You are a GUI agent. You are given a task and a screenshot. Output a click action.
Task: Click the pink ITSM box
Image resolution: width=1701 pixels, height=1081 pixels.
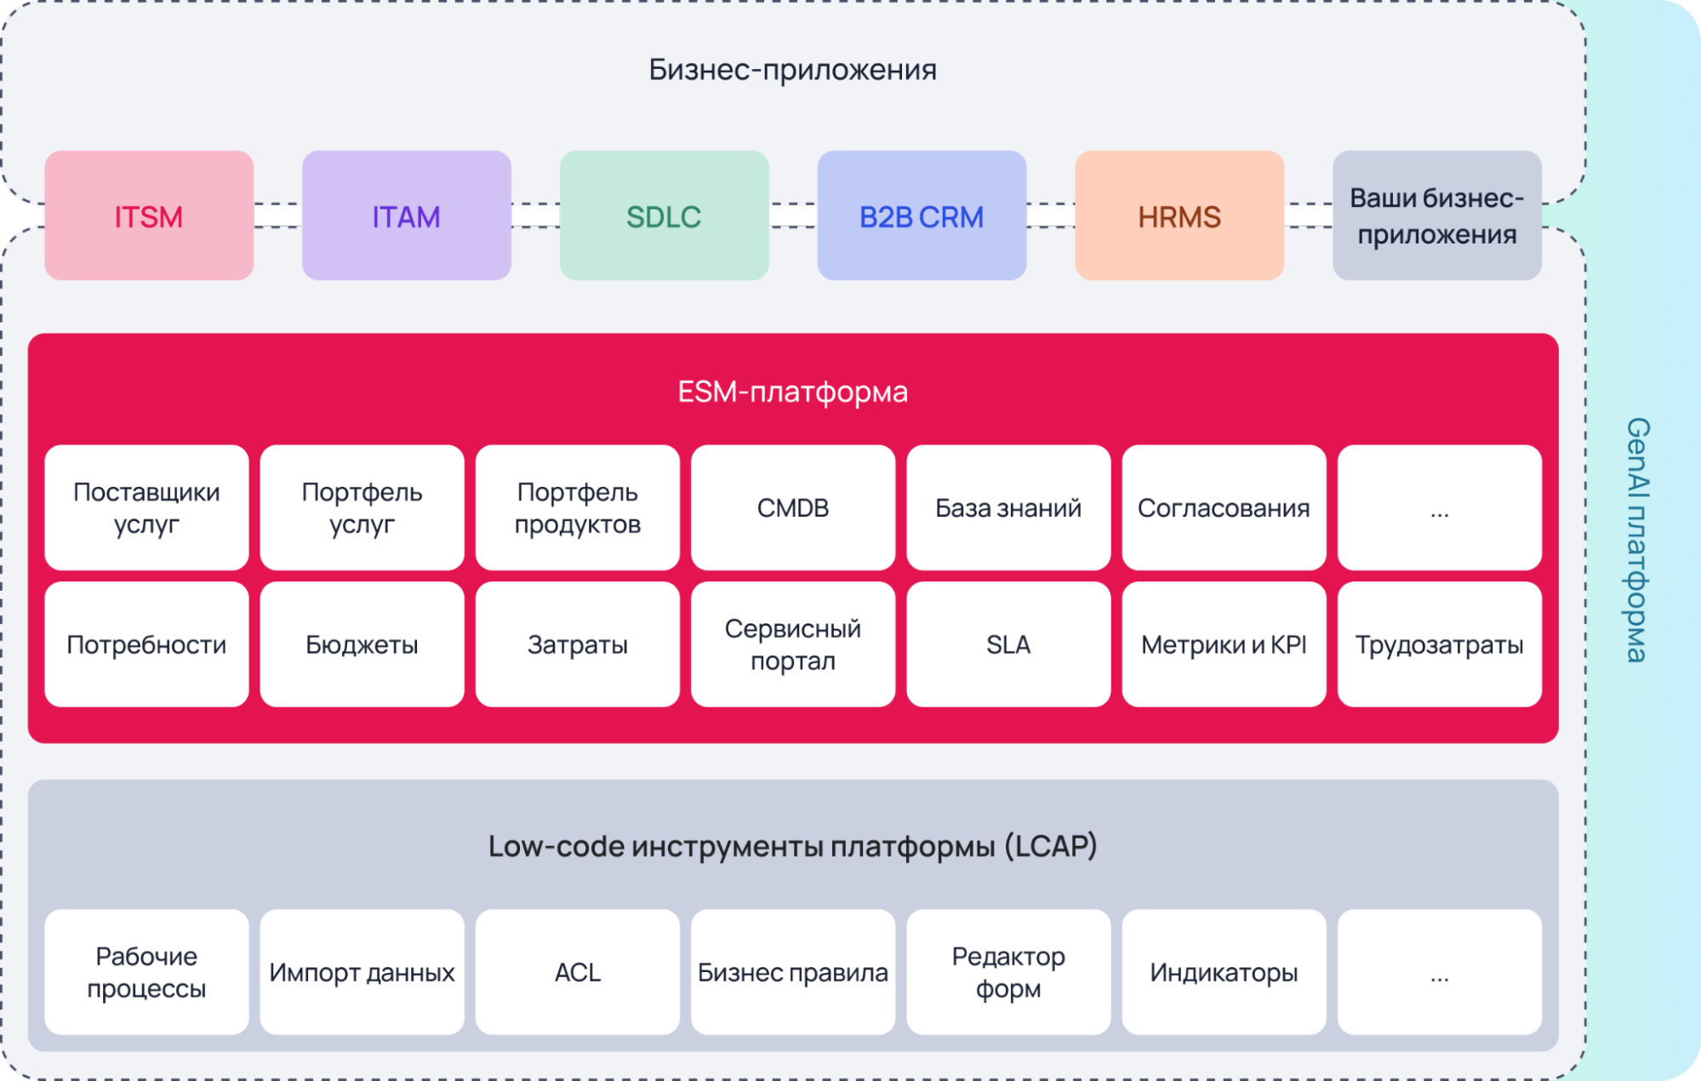pos(149,215)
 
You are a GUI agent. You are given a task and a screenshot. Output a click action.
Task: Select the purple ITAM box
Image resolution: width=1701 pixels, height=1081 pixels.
pos(407,215)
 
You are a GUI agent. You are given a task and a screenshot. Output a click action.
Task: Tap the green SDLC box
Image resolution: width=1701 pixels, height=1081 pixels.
pos(665,215)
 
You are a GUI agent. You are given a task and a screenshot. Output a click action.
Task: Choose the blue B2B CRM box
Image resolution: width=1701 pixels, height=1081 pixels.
pos(922,215)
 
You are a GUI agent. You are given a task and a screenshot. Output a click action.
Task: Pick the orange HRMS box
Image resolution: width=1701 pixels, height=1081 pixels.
pos(1179,215)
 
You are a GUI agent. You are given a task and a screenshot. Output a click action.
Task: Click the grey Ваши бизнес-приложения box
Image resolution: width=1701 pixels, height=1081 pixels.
pos(1437,215)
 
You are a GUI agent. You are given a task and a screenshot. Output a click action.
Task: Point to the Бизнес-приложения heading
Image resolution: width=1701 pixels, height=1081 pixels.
pos(792,70)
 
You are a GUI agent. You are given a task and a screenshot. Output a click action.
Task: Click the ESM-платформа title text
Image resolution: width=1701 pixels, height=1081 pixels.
pos(792,392)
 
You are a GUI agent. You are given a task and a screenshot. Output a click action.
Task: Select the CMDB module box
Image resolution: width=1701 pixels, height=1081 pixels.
pos(793,507)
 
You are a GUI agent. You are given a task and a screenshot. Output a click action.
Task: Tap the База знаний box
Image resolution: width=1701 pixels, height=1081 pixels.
pos(1008,507)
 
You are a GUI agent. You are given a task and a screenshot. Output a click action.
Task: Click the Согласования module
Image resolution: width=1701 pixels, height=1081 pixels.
pos(1224,507)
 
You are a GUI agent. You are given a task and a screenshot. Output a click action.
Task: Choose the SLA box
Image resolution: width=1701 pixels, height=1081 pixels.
pos(1008,644)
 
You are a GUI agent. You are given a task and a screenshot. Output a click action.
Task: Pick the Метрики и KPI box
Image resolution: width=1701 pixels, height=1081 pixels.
pos(1224,644)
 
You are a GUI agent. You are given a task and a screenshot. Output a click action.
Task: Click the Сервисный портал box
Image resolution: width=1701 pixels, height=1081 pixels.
pos(793,644)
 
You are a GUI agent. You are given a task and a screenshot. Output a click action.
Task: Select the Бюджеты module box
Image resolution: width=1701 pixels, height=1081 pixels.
pos(362,644)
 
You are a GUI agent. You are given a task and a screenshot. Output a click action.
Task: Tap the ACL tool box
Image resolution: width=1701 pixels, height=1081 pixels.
pos(578,972)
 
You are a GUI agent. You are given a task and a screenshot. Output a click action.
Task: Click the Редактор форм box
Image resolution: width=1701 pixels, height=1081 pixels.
pos(1008,972)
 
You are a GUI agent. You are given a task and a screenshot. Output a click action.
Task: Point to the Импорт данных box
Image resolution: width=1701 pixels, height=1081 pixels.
pos(362,972)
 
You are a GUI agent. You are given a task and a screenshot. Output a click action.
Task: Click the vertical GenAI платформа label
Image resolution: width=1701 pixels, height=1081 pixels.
pos(1637,540)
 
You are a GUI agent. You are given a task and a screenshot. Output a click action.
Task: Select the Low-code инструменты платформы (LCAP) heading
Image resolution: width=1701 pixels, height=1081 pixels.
pos(792,846)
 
